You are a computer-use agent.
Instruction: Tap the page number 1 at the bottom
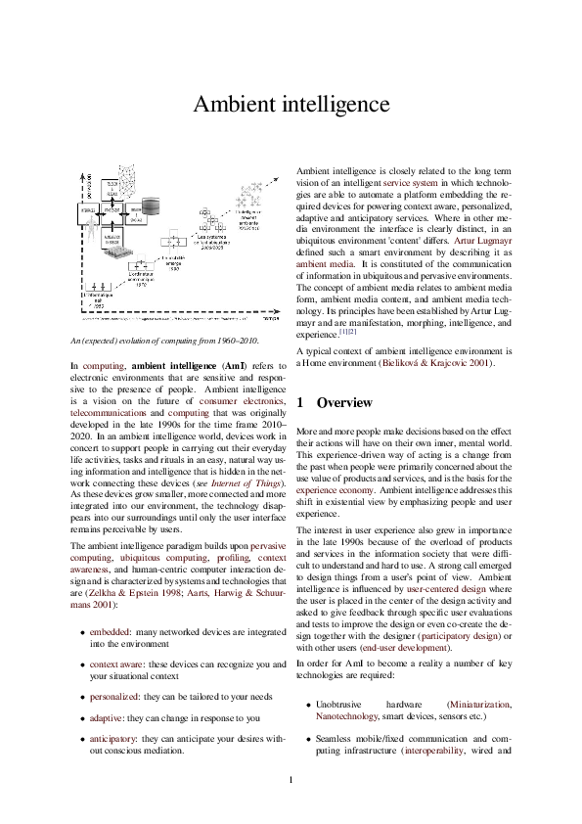[291, 779]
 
